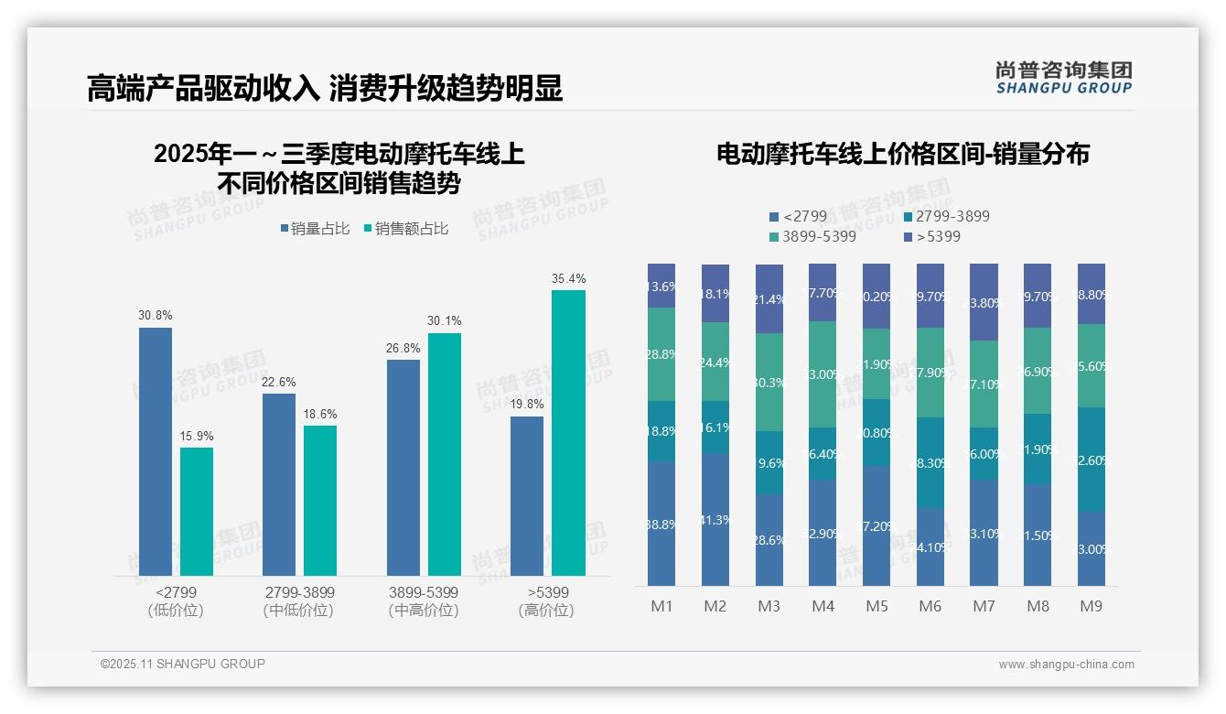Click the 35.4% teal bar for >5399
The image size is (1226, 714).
(568, 432)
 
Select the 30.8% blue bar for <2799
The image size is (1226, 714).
(156, 451)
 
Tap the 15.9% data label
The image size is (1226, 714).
(197, 436)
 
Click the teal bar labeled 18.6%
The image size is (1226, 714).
(320, 500)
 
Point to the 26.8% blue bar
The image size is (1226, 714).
(403, 467)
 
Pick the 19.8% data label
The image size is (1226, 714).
(527, 404)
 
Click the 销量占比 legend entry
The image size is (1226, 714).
(315, 229)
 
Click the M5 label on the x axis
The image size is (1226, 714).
(876, 606)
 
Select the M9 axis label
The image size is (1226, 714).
(1091, 606)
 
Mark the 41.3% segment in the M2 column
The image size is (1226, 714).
(715, 519)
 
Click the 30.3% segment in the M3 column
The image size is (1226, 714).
(769, 382)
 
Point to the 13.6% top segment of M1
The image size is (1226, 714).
(661, 286)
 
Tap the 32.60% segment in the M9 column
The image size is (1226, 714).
(1092, 459)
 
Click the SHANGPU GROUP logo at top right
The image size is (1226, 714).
(1063, 78)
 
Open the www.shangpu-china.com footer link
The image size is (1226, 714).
(1066, 665)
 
